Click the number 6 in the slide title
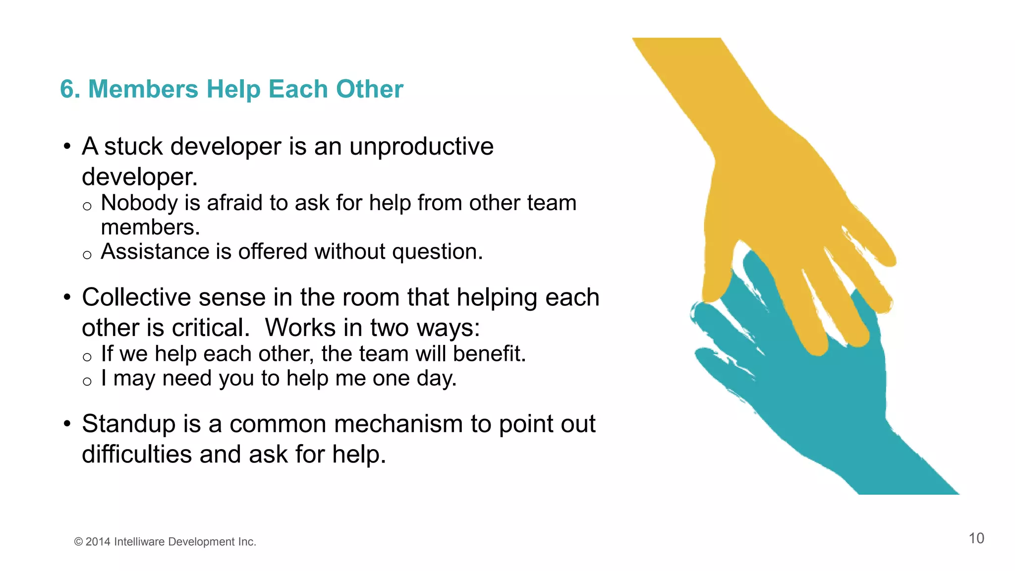click(67, 90)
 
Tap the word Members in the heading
click(143, 90)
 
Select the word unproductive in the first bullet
click(421, 147)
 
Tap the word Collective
click(136, 297)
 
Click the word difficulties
click(137, 455)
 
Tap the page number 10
click(976, 538)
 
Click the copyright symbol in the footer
click(78, 542)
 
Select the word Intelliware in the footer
click(139, 542)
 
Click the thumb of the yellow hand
click(716, 278)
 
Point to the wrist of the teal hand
click(892, 461)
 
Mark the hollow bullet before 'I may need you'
click(87, 382)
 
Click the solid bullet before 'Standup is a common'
click(67, 424)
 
